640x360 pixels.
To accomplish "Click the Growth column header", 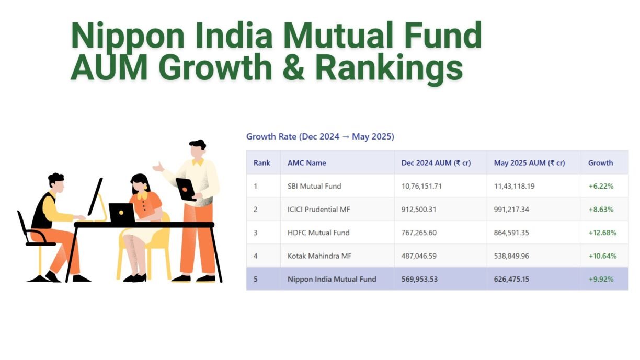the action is point(600,162).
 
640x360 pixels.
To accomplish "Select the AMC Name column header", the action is point(306,162).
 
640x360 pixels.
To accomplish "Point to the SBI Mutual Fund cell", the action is point(314,186).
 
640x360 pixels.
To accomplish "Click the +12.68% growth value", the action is point(602,233).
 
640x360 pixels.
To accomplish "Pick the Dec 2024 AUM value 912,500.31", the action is point(419,210).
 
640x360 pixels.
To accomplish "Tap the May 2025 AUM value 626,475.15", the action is point(511,279).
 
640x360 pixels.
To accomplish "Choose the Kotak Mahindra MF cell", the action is point(319,256).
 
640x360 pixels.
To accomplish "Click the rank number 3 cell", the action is point(256,233).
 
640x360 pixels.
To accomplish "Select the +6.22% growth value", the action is point(601,186).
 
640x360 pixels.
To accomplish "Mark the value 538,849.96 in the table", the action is point(511,256).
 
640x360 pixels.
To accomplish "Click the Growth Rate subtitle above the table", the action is point(320,136).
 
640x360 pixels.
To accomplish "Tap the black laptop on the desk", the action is point(122,213).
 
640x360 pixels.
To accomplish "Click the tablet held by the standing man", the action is point(186,189).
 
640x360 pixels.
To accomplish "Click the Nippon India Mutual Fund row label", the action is point(332,279).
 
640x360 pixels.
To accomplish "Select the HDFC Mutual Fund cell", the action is point(318,233).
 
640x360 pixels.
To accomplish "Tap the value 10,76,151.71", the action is point(421,186).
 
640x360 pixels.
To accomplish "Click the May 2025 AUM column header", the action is point(529,162).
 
